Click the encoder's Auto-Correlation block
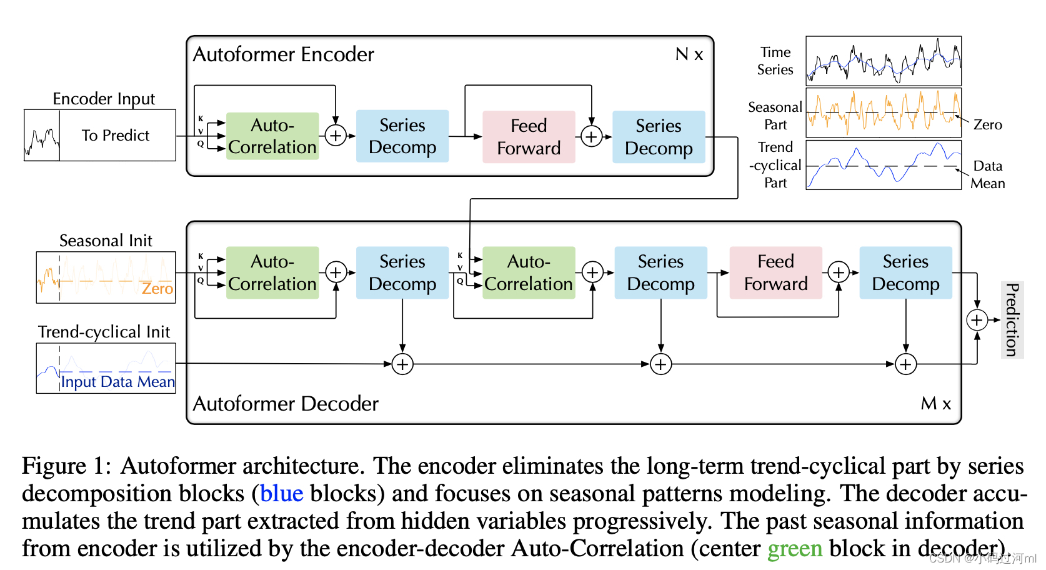coord(272,136)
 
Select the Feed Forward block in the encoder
coord(529,137)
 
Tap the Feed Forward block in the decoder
coord(775,272)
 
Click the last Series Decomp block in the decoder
coord(905,272)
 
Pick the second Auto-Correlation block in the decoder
coord(529,272)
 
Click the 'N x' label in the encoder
coord(689,54)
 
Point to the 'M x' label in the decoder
coord(935,404)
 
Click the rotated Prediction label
coord(1012,319)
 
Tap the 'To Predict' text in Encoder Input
coord(116,136)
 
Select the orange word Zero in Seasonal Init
coord(157,289)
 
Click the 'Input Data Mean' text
coord(117,382)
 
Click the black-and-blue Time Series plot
coord(883,61)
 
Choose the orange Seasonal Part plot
coord(883,112)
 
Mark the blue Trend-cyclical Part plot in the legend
coord(883,164)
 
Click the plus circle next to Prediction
coord(977,320)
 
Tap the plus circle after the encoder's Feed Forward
coord(591,136)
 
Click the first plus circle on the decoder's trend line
coord(402,364)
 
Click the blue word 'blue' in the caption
coord(281,494)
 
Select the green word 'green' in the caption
coord(794,549)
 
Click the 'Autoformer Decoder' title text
coord(286,404)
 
